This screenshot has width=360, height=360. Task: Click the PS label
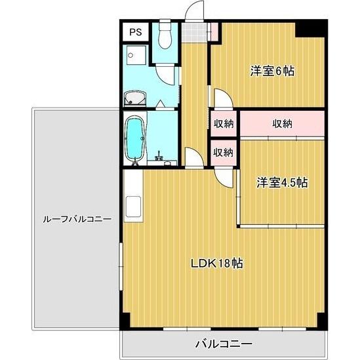pos(135,32)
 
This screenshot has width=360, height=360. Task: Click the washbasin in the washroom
pos(136,100)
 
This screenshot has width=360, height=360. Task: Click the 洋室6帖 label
pos(271,71)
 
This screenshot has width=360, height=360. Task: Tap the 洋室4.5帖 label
pos(282,183)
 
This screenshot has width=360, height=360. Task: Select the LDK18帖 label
pos(217,264)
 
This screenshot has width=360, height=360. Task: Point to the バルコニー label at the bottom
pos(223,343)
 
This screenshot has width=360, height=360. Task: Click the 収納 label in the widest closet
pos(282,123)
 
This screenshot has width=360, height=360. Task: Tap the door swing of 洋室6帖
pos(222,98)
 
